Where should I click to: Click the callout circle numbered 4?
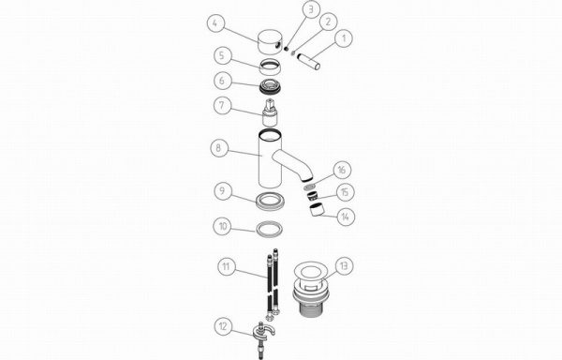(215, 24)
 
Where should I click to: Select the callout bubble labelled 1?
(344, 38)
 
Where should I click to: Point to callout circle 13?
(345, 266)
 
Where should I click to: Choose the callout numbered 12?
(223, 326)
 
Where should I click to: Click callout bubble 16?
(342, 170)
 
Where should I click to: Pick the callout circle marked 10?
(222, 227)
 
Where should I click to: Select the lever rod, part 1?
(309, 61)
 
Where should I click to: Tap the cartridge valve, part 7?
(270, 112)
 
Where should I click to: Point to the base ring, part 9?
(271, 201)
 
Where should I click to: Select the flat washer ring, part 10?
(269, 229)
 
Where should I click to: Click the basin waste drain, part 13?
(311, 290)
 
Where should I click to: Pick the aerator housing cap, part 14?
(317, 210)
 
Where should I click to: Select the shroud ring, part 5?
(271, 67)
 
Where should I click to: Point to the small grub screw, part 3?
(287, 49)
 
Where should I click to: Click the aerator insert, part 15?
(312, 196)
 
